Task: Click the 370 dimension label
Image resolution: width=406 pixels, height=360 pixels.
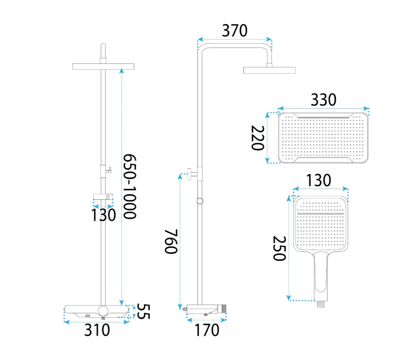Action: point(235,31)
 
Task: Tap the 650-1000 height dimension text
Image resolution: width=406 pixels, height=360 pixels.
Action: point(129,186)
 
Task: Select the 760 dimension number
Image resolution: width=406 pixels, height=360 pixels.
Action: point(171,241)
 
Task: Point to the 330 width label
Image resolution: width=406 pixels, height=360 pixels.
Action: point(323,100)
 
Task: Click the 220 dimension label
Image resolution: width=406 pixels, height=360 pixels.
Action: point(258,138)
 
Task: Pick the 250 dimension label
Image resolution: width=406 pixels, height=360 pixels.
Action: point(279,248)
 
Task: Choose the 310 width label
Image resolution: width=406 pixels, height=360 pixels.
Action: point(97,330)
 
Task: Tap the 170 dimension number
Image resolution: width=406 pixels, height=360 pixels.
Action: point(207,330)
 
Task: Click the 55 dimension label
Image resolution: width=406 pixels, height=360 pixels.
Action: point(143,311)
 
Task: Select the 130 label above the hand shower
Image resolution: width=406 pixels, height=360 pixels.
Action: point(318,180)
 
